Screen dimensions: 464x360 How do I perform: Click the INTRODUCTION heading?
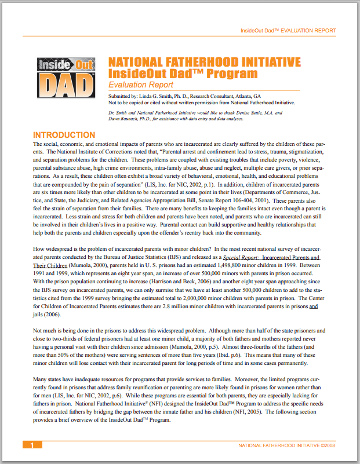point(64,134)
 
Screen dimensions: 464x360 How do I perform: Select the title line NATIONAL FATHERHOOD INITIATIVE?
point(205,62)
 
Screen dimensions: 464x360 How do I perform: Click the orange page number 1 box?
point(32,445)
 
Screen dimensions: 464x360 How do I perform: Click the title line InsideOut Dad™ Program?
point(183,74)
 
